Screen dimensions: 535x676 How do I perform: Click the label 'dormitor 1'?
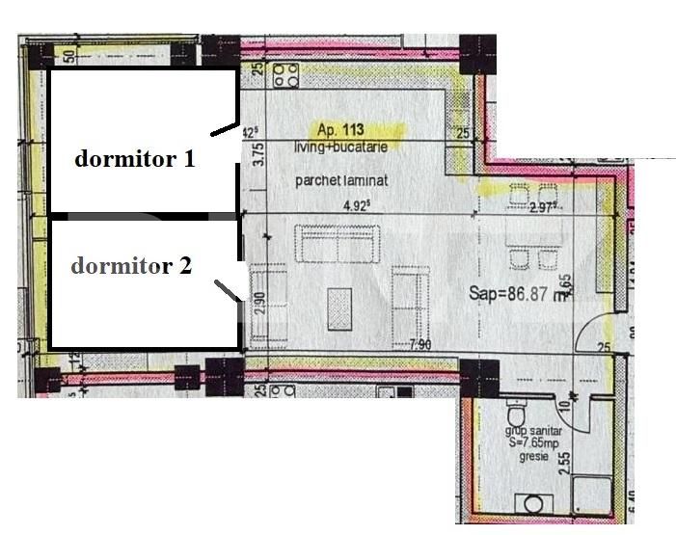click(135, 159)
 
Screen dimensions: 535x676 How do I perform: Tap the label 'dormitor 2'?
click(131, 266)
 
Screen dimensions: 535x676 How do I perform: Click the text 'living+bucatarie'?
click(338, 147)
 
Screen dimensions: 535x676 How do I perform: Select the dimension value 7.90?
click(419, 345)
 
